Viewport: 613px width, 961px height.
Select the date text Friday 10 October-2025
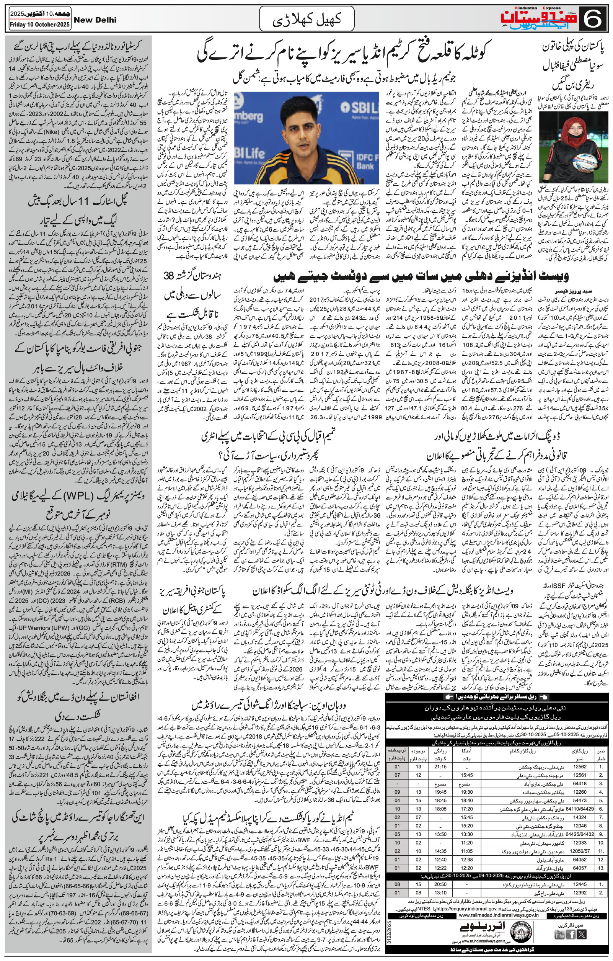(39, 25)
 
